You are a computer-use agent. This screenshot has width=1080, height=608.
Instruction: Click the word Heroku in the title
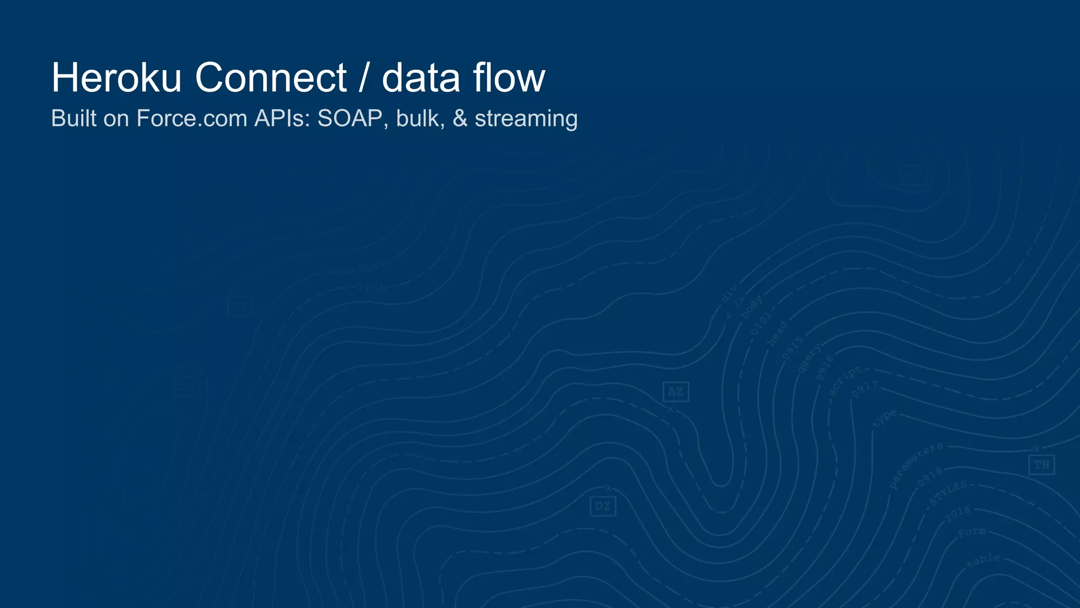[x=116, y=78]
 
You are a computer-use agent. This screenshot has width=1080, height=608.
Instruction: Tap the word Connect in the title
[x=271, y=78]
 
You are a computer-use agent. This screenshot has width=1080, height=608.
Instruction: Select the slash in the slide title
[x=363, y=78]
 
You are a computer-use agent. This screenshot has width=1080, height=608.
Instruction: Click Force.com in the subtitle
[x=191, y=118]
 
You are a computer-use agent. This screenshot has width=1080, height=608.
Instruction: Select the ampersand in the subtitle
[x=460, y=118]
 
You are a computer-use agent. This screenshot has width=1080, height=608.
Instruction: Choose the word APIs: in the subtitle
[x=283, y=118]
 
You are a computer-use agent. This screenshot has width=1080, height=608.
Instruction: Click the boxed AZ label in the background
[x=676, y=392]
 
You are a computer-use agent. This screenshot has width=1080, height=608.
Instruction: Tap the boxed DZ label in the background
[x=602, y=507]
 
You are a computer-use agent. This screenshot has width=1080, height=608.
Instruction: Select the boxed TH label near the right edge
[x=1041, y=465]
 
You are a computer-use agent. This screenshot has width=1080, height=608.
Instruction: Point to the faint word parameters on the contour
[x=915, y=465]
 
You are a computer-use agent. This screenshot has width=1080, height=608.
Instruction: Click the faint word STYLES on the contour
[x=949, y=493]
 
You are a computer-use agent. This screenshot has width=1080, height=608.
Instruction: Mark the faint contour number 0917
[x=865, y=390]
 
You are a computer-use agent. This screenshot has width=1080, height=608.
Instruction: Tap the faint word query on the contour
[x=809, y=358]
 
